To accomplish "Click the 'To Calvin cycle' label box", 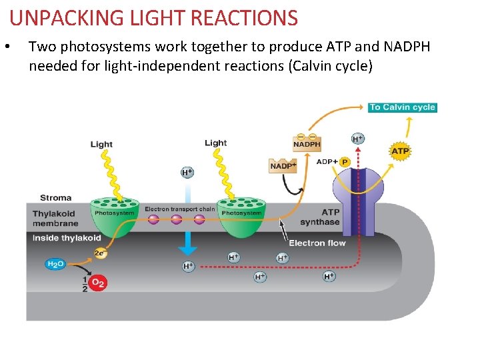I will coord(402,107).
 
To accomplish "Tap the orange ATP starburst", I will coord(400,152).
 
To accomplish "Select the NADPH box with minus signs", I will coord(307,143).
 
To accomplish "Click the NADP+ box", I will coord(283,165).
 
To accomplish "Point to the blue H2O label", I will coord(55,264).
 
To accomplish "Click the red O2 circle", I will coord(98,283).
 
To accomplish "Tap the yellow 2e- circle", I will coord(100,253).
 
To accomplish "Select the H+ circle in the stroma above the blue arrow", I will coord(188,173).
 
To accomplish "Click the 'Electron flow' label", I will coord(317,243).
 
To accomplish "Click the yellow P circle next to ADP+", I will coord(345,162).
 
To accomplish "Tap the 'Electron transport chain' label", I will coord(180,209).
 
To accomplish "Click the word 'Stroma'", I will coord(56,198).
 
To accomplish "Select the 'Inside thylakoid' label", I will coord(67,238).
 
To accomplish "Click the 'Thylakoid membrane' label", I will coord(55,219).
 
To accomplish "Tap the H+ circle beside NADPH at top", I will coord(358,139).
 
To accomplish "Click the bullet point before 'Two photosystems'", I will coord(7,47).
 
